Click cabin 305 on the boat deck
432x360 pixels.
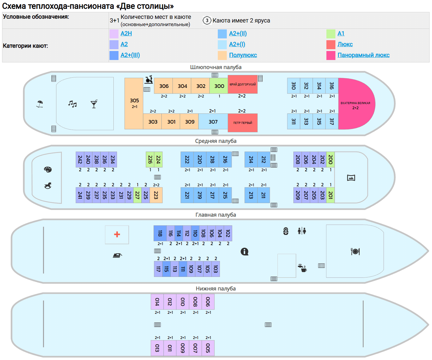[134, 103]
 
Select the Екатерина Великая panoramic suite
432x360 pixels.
[356, 104]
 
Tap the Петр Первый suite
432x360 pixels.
[243, 123]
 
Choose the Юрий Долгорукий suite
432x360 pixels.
[243, 84]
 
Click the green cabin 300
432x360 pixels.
[219, 86]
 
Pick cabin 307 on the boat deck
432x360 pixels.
[213, 121]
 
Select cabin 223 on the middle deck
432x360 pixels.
[156, 195]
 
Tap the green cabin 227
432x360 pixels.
[137, 195]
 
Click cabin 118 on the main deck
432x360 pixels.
[160, 233]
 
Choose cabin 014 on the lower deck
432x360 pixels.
[157, 302]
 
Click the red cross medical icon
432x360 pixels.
[117, 235]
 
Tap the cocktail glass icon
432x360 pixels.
[94, 104]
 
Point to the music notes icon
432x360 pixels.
[72, 104]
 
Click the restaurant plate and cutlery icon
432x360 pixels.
[355, 251]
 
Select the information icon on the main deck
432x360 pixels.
[244, 251]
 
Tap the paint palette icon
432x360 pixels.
[48, 169]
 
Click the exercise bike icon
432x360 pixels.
[149, 79]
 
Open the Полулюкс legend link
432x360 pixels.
[243, 55]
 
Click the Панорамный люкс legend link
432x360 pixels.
[363, 55]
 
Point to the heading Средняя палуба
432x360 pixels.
[216, 141]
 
